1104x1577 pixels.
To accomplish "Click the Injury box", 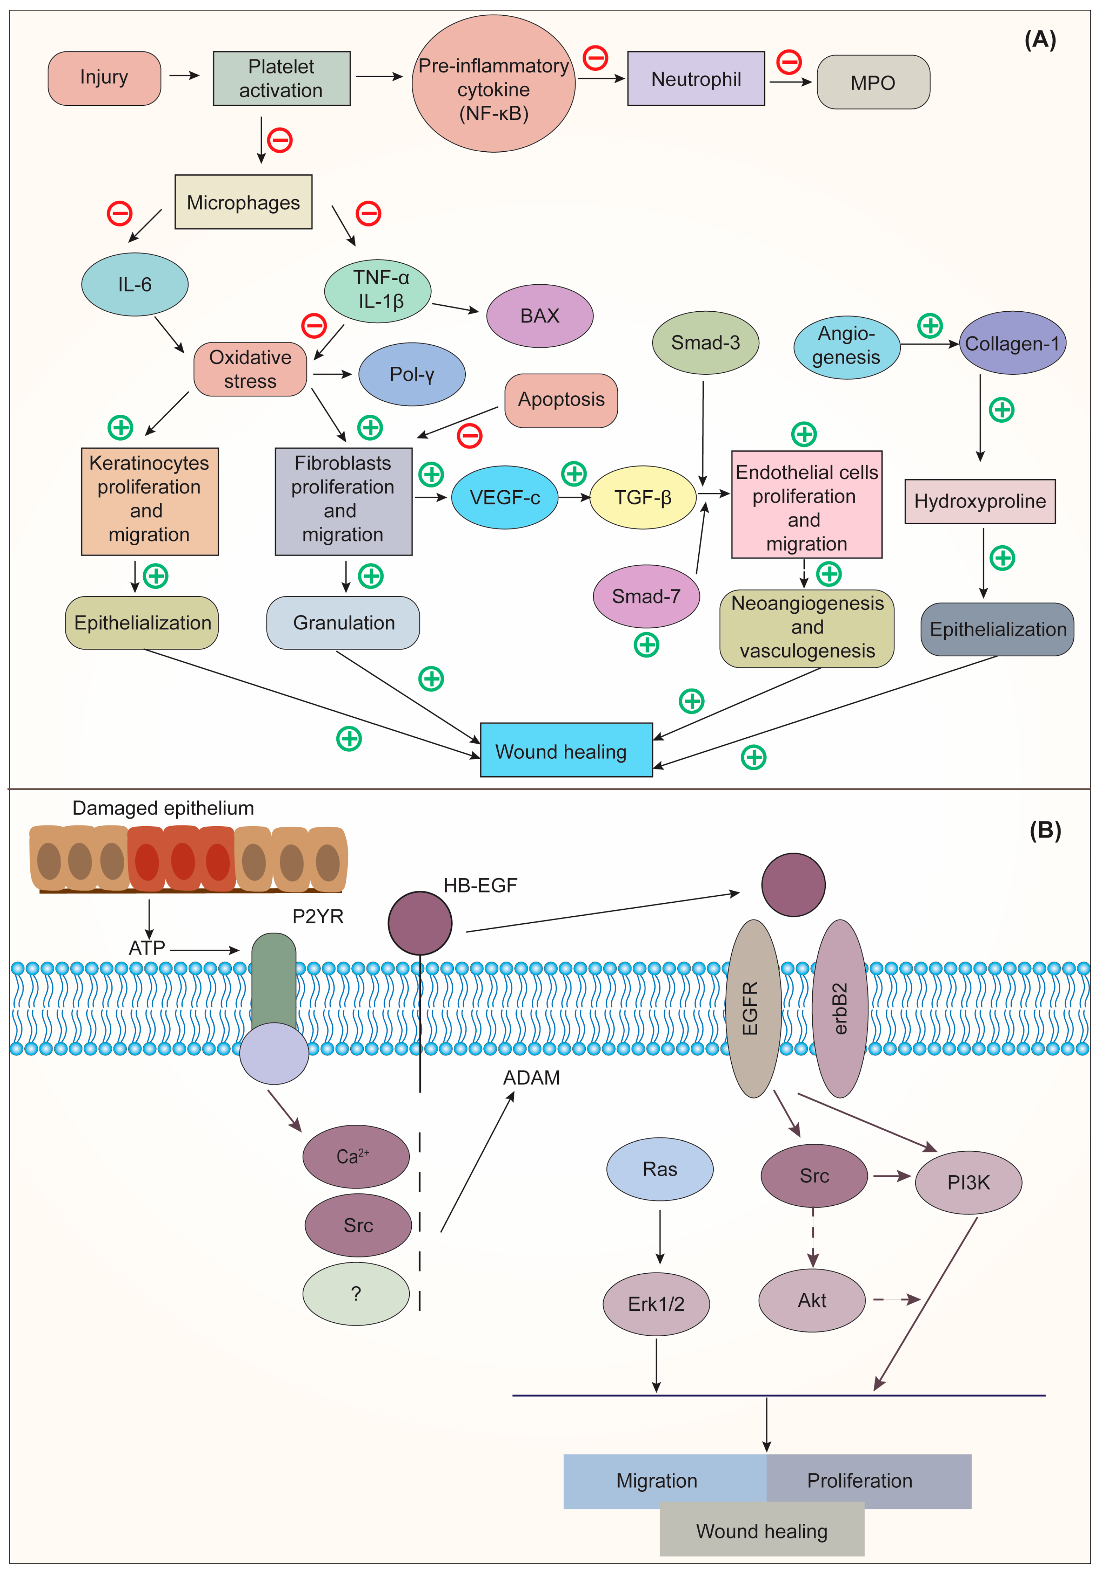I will point(104,78).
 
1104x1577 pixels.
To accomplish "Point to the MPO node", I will point(873,83).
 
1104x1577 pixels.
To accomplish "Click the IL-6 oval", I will point(135,284).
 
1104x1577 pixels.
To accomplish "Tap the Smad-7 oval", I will point(646,596).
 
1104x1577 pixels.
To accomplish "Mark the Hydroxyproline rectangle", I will point(979,501).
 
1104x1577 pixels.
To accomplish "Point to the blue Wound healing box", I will point(566,750).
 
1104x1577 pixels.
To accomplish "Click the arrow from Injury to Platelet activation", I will point(184,75).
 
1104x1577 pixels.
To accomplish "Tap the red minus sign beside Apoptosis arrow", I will point(470,435).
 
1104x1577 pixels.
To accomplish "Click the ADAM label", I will point(531,1078).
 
